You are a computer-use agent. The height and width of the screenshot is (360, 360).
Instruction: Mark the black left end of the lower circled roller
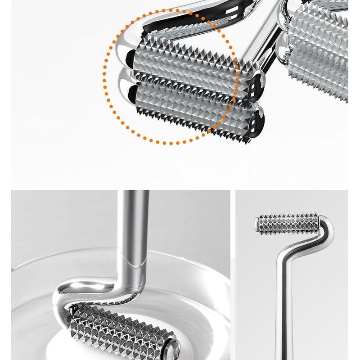click(x=132, y=94)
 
